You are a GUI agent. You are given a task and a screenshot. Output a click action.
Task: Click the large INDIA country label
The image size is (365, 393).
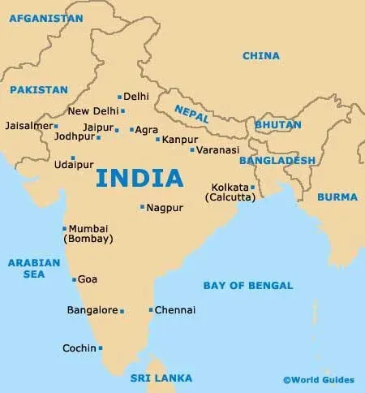[139, 177]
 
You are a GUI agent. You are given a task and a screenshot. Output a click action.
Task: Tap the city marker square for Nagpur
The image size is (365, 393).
[142, 207]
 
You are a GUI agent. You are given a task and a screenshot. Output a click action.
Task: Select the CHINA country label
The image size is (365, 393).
[261, 56]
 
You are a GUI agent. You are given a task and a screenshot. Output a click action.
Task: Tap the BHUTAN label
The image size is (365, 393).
[277, 125]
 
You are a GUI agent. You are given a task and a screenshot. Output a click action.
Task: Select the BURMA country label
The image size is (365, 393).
[337, 196]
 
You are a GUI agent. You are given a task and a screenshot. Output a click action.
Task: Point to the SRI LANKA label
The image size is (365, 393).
[161, 378]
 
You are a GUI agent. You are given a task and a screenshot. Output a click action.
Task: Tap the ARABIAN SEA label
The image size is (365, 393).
[34, 269]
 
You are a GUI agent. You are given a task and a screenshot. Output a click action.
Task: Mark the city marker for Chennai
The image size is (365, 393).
[151, 309]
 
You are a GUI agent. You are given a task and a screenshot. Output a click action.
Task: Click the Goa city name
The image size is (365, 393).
[88, 279]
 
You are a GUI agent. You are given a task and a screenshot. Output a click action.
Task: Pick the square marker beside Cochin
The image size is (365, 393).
[101, 348]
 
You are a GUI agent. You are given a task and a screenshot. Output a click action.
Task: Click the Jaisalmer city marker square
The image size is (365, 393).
[56, 126]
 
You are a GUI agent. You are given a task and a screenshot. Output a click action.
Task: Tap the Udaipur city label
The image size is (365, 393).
[74, 165]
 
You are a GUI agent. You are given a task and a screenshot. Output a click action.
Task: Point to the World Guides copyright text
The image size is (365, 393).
[318, 380]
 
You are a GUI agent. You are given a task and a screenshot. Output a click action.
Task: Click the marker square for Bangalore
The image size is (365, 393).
[122, 311]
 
